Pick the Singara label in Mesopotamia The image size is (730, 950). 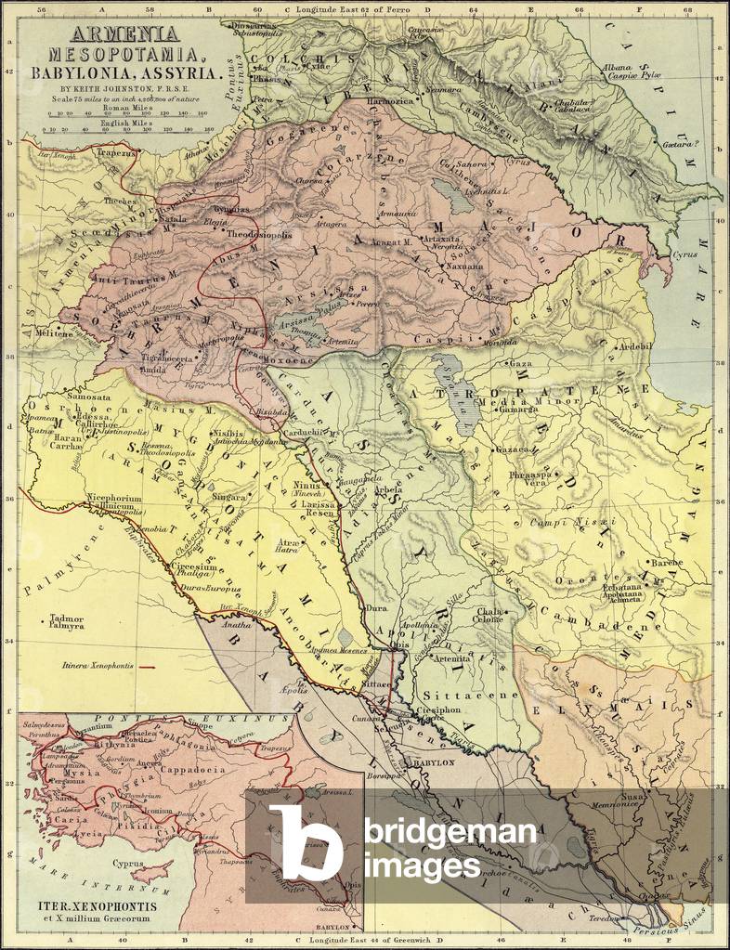click(x=230, y=497)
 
